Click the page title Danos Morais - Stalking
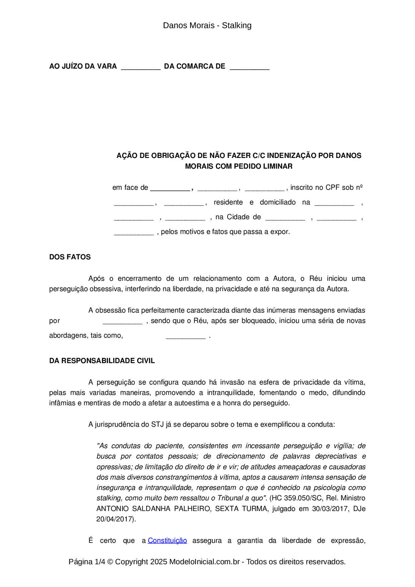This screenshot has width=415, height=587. tap(207, 25)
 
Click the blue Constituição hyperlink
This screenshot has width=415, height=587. tap(167, 540)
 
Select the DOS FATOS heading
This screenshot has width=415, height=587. tap(70, 257)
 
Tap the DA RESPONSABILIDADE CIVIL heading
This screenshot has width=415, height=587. tap(102, 361)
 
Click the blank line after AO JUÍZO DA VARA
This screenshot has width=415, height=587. tap(141, 67)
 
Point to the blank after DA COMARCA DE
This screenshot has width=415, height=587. tap(249, 67)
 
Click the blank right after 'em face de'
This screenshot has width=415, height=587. tap(170, 188)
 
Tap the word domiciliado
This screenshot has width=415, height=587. tap(278, 202)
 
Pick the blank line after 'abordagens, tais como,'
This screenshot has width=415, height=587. tap(185, 336)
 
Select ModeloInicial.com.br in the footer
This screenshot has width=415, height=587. tap(204, 562)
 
